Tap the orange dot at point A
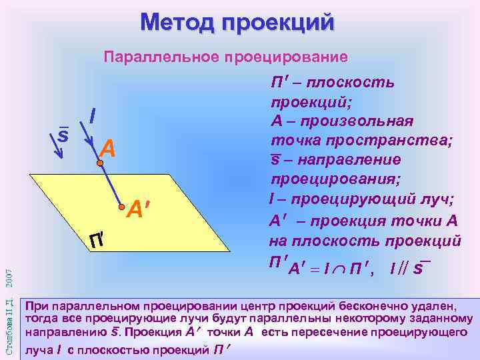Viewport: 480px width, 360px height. (x=99, y=161)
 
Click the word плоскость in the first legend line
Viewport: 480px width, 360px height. (x=363, y=83)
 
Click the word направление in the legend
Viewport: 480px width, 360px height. (x=347, y=161)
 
